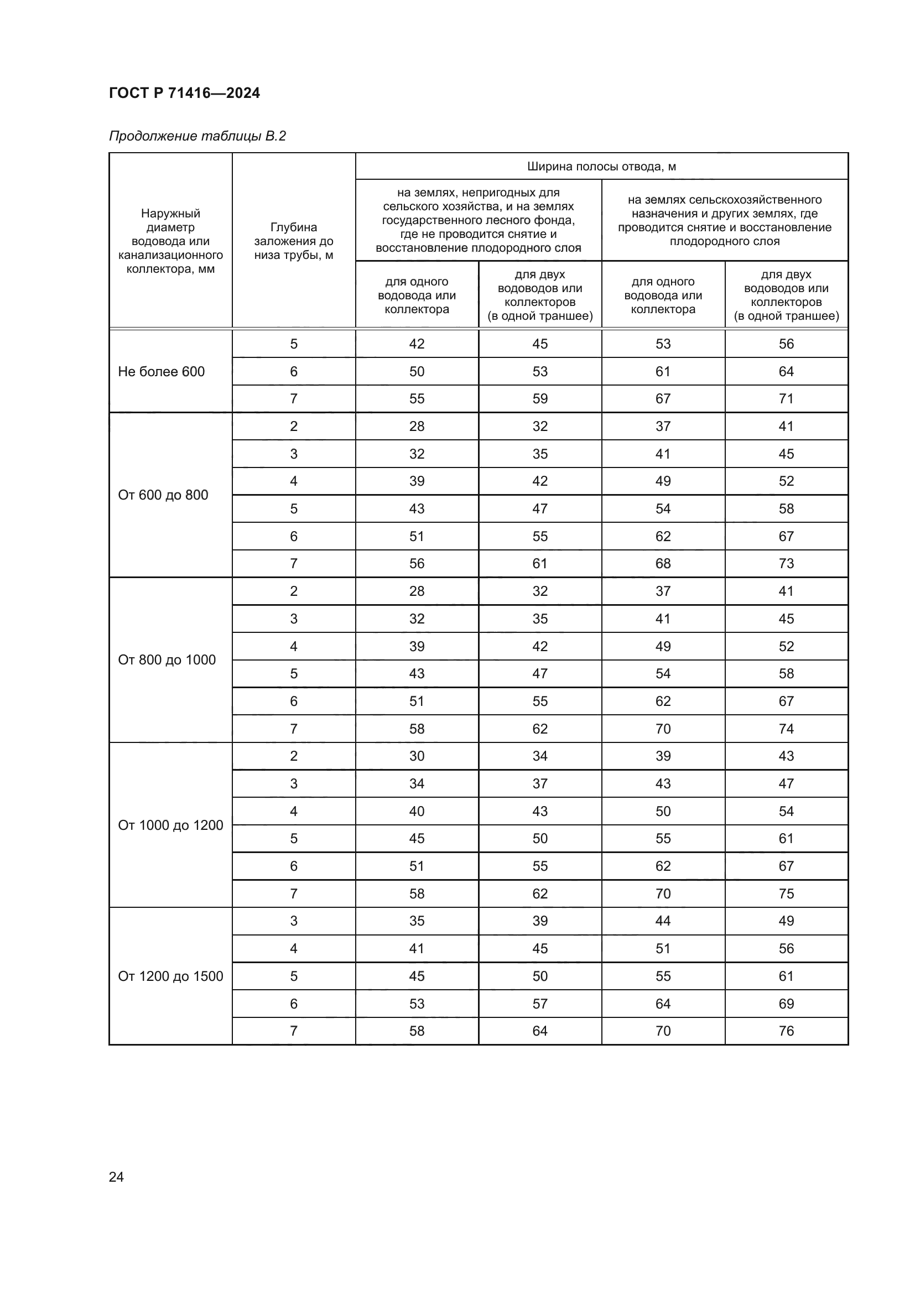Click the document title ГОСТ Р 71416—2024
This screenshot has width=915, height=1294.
point(184,93)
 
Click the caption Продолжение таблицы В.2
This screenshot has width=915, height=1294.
point(197,137)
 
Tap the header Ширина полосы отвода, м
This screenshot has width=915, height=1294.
point(601,167)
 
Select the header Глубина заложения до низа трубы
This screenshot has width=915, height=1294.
point(294,241)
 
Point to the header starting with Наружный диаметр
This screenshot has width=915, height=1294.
point(170,241)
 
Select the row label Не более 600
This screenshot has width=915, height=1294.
point(161,372)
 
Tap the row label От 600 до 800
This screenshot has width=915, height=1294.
point(163,495)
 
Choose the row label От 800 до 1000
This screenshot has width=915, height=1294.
point(167,660)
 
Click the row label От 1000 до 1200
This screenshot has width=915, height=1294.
point(170,825)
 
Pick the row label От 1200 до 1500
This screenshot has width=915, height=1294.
point(170,976)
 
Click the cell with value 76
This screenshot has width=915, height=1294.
point(786,1031)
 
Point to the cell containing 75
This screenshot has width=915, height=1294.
point(786,894)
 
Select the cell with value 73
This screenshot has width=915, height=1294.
point(786,564)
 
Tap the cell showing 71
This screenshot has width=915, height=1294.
point(786,399)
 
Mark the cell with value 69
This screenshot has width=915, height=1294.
point(786,1004)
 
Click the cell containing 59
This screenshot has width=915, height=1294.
point(540,399)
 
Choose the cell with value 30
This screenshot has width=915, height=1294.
point(417,756)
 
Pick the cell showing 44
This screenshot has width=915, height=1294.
point(663,922)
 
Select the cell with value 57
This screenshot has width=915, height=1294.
point(540,1004)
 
